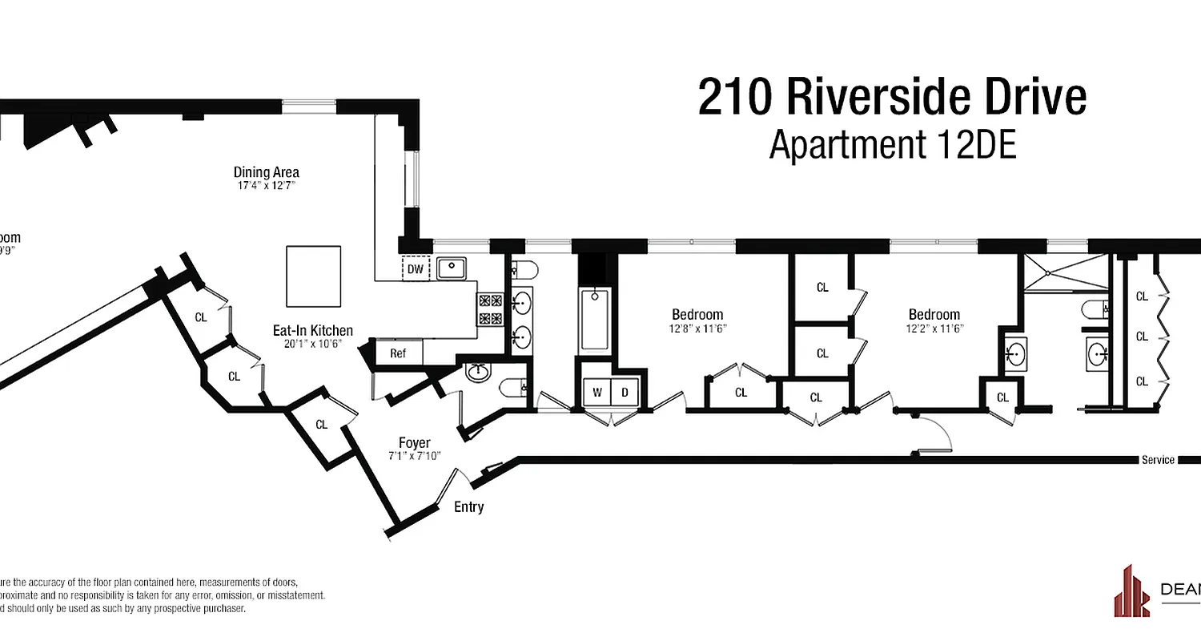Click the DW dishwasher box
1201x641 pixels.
pyautogui.click(x=415, y=269)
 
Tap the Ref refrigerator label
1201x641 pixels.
pyautogui.click(x=398, y=353)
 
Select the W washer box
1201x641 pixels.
pyautogui.click(x=596, y=393)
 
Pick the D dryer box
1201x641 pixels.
pyautogui.click(x=625, y=393)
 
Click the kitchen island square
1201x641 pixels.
pyautogui.click(x=314, y=276)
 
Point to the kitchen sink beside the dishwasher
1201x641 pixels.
pyautogui.click(x=453, y=268)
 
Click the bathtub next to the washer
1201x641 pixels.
pyautogui.click(x=594, y=320)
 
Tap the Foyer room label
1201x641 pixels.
pyautogui.click(x=414, y=443)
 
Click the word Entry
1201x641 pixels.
pyautogui.click(x=468, y=507)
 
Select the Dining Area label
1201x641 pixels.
pyautogui.click(x=266, y=172)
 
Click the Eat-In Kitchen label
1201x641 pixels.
pyautogui.click(x=312, y=330)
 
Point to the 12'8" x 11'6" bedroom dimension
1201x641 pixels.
pyautogui.click(x=697, y=329)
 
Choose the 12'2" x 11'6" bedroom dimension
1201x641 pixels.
pyautogui.click(x=934, y=329)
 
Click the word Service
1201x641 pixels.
pyautogui.click(x=1158, y=460)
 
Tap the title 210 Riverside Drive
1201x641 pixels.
pyautogui.click(x=892, y=97)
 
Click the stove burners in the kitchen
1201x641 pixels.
pyautogui.click(x=489, y=310)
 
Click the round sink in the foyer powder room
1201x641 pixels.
pyautogui.click(x=479, y=371)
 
